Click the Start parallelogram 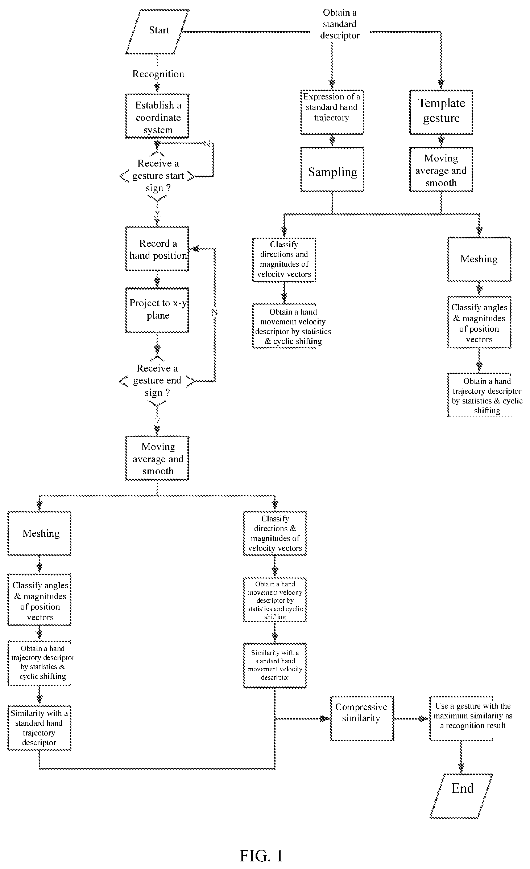coord(157,32)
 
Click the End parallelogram coord(461,796)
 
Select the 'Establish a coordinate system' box coord(157,116)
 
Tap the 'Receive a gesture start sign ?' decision coord(157,176)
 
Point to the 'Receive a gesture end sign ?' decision coord(157,381)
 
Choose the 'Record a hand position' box coord(157,249)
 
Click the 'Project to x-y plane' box coord(157,310)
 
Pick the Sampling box coord(332,169)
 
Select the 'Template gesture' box coord(441,112)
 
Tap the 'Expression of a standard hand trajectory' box coord(332,112)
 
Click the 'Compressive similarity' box coord(362,718)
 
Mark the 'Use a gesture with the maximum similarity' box coord(461,718)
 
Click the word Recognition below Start coord(158,74)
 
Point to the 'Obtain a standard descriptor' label coord(340,24)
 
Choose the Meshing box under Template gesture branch coord(479,259)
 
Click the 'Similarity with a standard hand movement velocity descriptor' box coord(275,665)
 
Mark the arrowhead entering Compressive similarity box coord(324,718)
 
